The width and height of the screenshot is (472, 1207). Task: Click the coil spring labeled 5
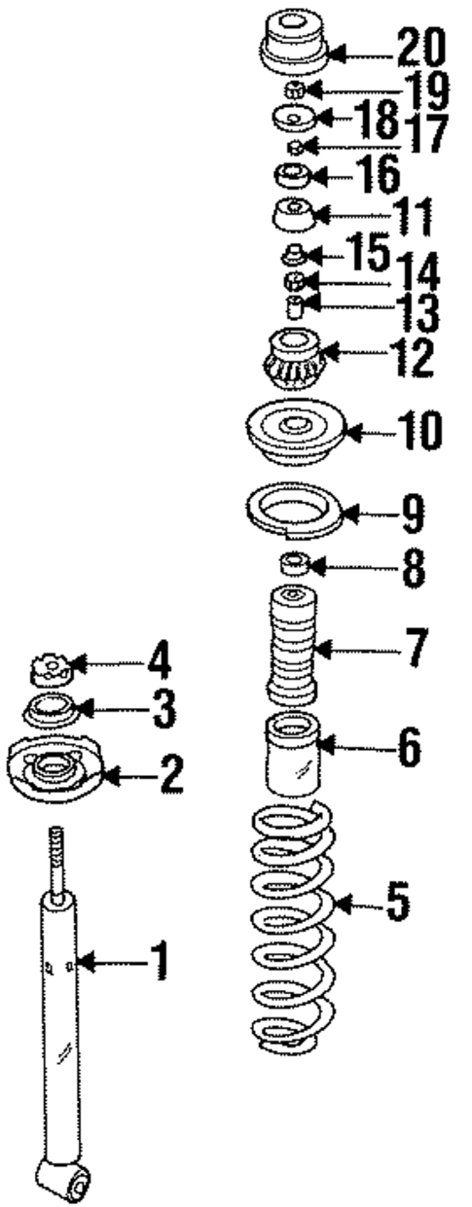(x=291, y=934)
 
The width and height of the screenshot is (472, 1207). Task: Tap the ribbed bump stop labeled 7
(x=290, y=647)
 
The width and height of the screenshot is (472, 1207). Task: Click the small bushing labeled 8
(x=293, y=564)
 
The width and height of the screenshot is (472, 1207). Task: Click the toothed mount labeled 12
(x=293, y=359)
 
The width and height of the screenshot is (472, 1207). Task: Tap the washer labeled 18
(x=293, y=118)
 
